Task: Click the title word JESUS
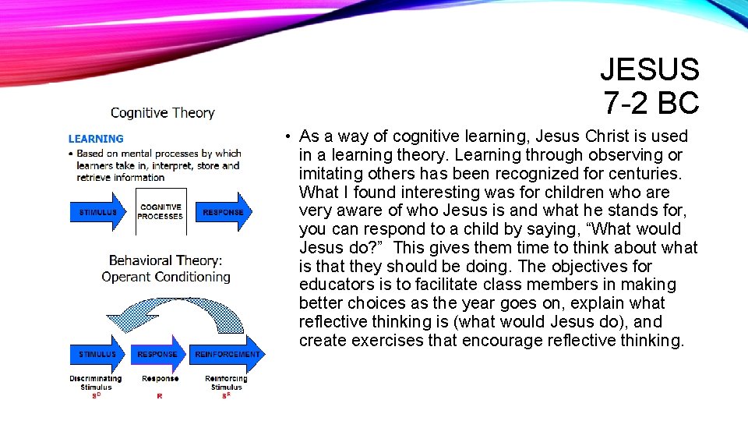[650, 70]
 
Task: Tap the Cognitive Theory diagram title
[162, 113]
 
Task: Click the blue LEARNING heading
[96, 139]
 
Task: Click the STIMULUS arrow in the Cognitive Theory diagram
[97, 212]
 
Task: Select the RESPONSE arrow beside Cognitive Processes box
[224, 212]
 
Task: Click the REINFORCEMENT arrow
[228, 354]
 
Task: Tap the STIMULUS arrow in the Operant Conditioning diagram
[97, 354]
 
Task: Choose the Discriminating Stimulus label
[96, 382]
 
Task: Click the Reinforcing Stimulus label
[227, 382]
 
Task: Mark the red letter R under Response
[160, 396]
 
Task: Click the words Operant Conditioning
[166, 277]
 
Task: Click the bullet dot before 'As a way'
[288, 137]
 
